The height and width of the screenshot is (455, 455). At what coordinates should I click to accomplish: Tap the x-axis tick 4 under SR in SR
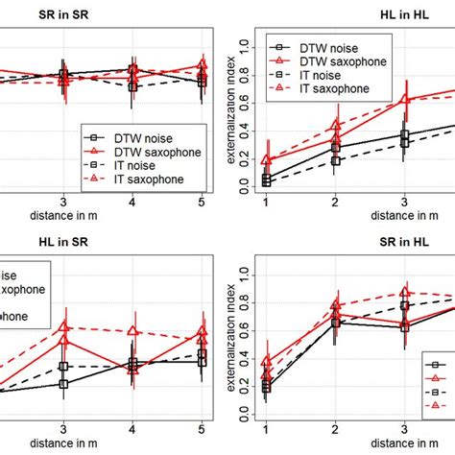132,202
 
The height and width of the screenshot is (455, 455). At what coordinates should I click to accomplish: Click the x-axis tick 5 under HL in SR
202,429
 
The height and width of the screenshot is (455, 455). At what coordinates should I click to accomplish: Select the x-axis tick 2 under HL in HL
334,202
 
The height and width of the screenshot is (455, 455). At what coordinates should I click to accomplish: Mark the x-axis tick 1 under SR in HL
266,429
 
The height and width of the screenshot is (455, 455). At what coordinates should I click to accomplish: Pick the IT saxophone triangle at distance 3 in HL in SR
64,327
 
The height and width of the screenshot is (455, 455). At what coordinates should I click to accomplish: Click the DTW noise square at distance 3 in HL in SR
64,384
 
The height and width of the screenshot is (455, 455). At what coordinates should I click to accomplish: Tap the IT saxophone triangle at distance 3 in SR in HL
404,292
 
